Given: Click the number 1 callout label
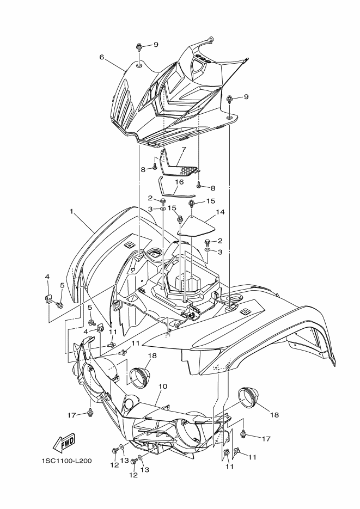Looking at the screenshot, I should click(71, 210).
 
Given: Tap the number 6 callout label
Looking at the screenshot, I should click(101, 57).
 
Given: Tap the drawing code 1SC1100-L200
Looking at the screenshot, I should click(66, 461).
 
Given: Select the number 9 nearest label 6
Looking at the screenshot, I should click(155, 45).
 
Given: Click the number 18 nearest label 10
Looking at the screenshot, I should click(152, 354).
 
